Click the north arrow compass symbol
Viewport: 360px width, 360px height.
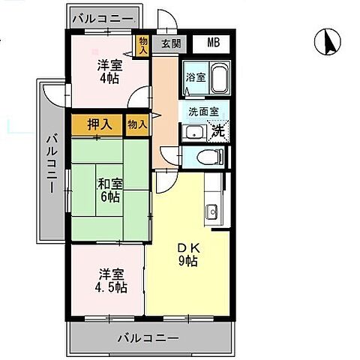tap(328, 41)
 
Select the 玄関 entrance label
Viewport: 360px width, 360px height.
tap(170, 43)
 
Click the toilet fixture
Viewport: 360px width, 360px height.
tap(209, 157)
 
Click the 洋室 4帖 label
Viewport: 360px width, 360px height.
tap(109, 71)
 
